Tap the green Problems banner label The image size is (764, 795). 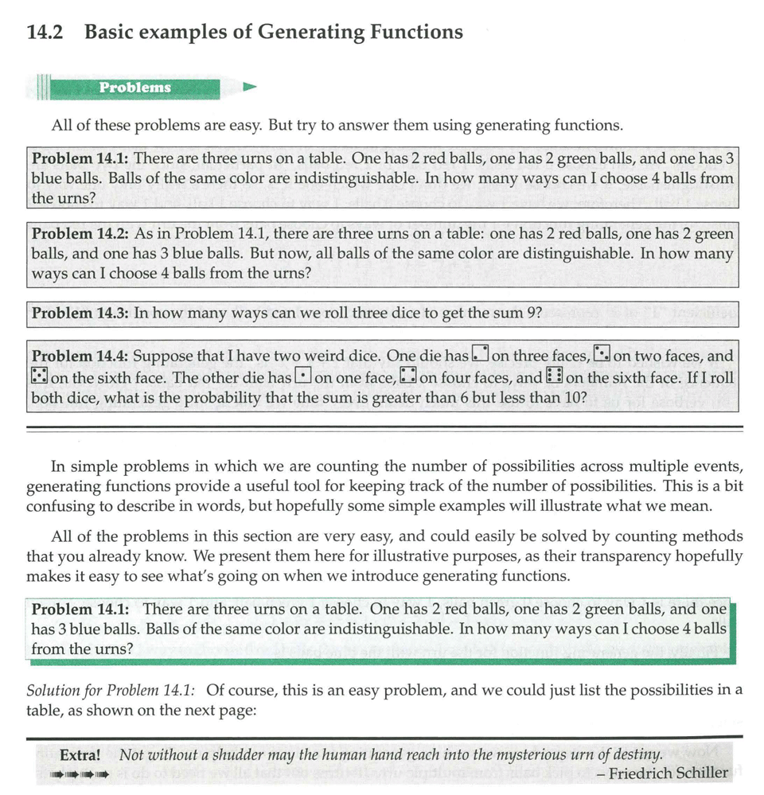tap(135, 88)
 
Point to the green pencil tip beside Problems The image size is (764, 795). tap(250, 87)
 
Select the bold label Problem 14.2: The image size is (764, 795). tap(80, 234)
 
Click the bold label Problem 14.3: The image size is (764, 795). tap(80, 313)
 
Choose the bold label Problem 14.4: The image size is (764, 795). tap(80, 356)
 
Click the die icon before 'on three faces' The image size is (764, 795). tap(480, 355)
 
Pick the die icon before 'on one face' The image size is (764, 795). tap(303, 376)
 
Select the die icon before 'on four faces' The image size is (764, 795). tap(408, 376)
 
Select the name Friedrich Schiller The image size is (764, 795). tap(668, 773)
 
